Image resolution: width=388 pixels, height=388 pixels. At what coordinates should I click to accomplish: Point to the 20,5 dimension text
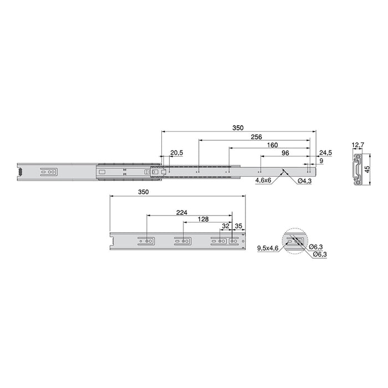click(x=177, y=152)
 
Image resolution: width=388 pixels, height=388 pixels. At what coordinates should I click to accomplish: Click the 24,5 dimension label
click(x=325, y=152)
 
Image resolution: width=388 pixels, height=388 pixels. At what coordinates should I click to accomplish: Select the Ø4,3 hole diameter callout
click(x=304, y=181)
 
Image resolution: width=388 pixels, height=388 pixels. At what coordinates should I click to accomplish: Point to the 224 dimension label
click(x=181, y=211)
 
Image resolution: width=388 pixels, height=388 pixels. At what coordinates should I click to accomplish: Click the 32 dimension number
click(x=224, y=227)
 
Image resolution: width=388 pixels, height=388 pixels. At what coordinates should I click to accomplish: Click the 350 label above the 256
click(x=238, y=127)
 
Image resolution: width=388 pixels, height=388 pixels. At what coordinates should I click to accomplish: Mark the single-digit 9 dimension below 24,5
click(x=321, y=160)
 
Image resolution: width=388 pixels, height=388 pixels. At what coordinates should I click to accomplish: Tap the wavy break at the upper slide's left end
click(x=20, y=172)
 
